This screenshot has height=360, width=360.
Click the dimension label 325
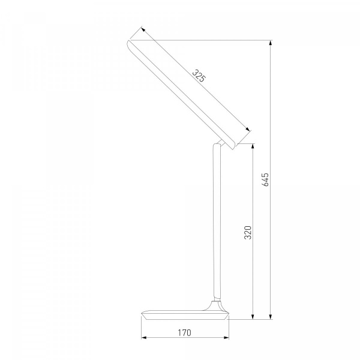199,76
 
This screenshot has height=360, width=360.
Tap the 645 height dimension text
265,179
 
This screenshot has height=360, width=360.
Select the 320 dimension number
248,232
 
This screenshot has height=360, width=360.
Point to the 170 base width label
184,332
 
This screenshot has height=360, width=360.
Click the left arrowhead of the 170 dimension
144,337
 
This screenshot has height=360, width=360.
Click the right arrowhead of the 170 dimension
226,337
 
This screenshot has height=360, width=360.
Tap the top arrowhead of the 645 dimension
271,43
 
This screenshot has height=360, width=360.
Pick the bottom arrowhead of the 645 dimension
271,317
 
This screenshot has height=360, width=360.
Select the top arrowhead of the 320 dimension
253,146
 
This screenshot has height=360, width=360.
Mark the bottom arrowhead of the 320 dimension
253,317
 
